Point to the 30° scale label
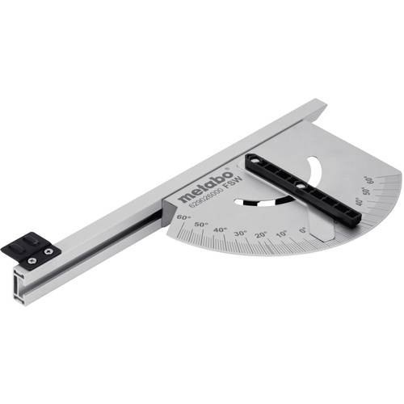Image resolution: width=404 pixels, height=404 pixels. point(239,233)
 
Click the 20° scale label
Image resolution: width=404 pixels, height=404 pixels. point(260,234)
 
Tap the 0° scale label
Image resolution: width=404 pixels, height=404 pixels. point(302,230)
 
